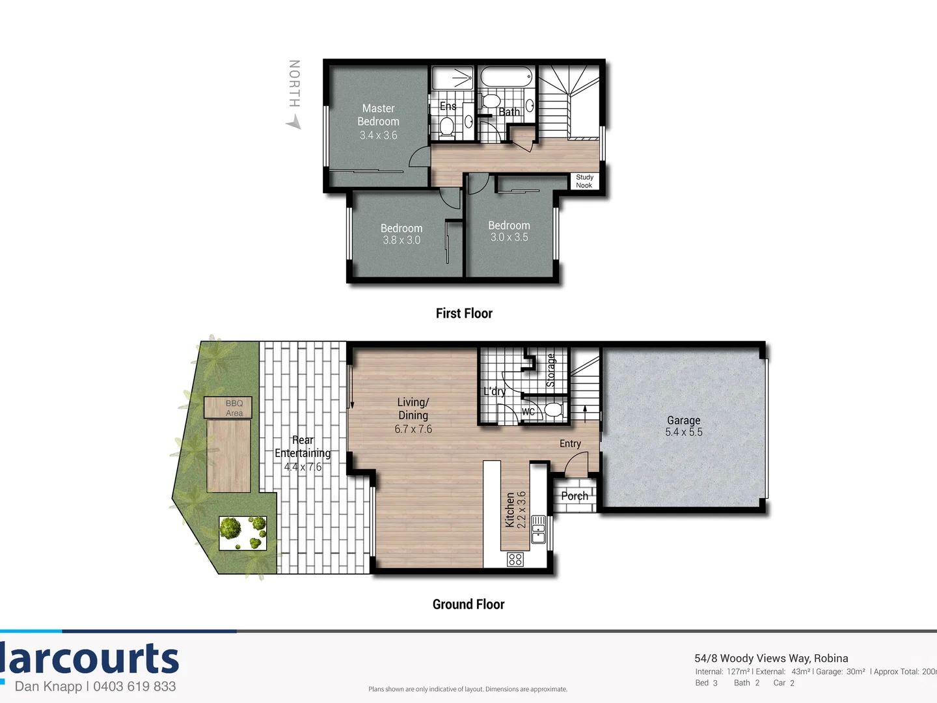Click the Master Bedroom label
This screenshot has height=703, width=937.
[378, 115]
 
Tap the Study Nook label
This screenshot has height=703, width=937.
[584, 181]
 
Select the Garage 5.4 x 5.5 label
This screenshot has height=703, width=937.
[683, 426]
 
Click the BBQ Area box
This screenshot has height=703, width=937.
[228, 408]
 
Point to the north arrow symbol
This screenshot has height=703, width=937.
[294, 121]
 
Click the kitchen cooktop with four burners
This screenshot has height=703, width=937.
[515, 559]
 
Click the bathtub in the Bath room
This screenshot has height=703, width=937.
[506, 77]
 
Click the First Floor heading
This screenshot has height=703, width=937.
[464, 314]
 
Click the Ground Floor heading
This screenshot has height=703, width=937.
[468, 605]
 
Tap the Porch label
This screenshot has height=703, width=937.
[575, 496]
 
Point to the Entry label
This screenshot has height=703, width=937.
[570, 444]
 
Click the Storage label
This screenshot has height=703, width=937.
[551, 370]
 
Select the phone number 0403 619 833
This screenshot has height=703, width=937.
[135, 686]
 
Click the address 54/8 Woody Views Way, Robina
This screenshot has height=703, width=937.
[771, 658]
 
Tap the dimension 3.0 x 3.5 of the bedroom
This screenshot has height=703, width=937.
[509, 238]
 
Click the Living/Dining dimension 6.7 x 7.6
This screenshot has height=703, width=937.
[413, 429]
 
